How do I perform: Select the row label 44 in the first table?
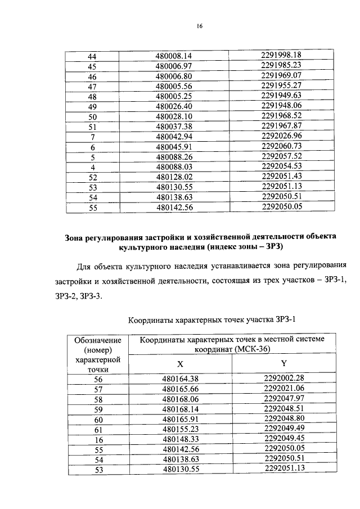point(93,56)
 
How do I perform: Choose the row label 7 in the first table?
point(93,137)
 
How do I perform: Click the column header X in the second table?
point(181,363)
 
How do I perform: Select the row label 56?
point(97,379)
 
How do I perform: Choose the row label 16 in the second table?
point(97,439)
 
